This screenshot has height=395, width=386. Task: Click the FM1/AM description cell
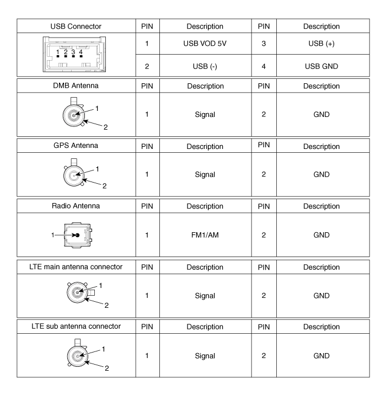(200, 236)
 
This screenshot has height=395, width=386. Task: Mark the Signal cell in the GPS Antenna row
(200, 174)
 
